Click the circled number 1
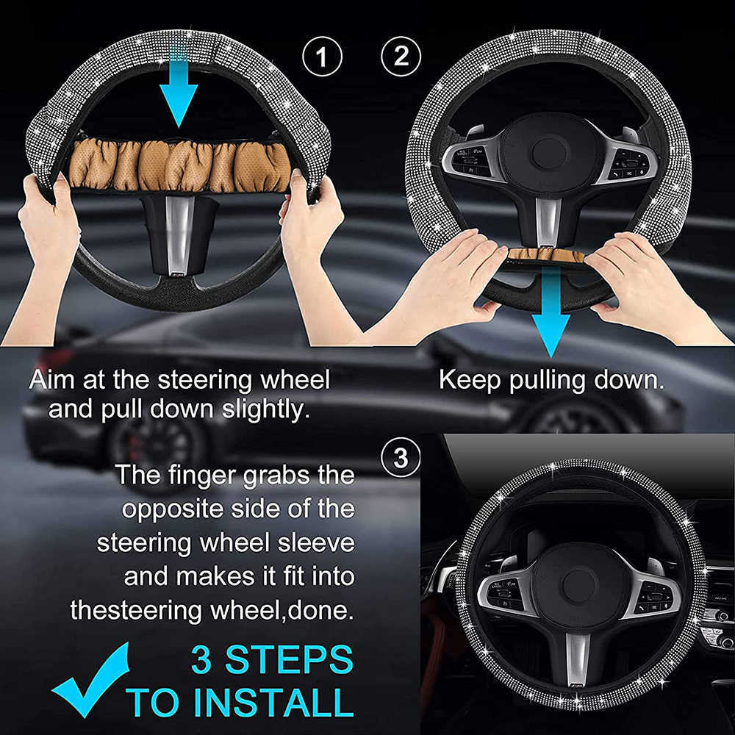click(323, 57)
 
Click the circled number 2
click(401, 57)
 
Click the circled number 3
click(401, 457)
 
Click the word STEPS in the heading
click(290, 659)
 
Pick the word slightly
click(265, 409)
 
